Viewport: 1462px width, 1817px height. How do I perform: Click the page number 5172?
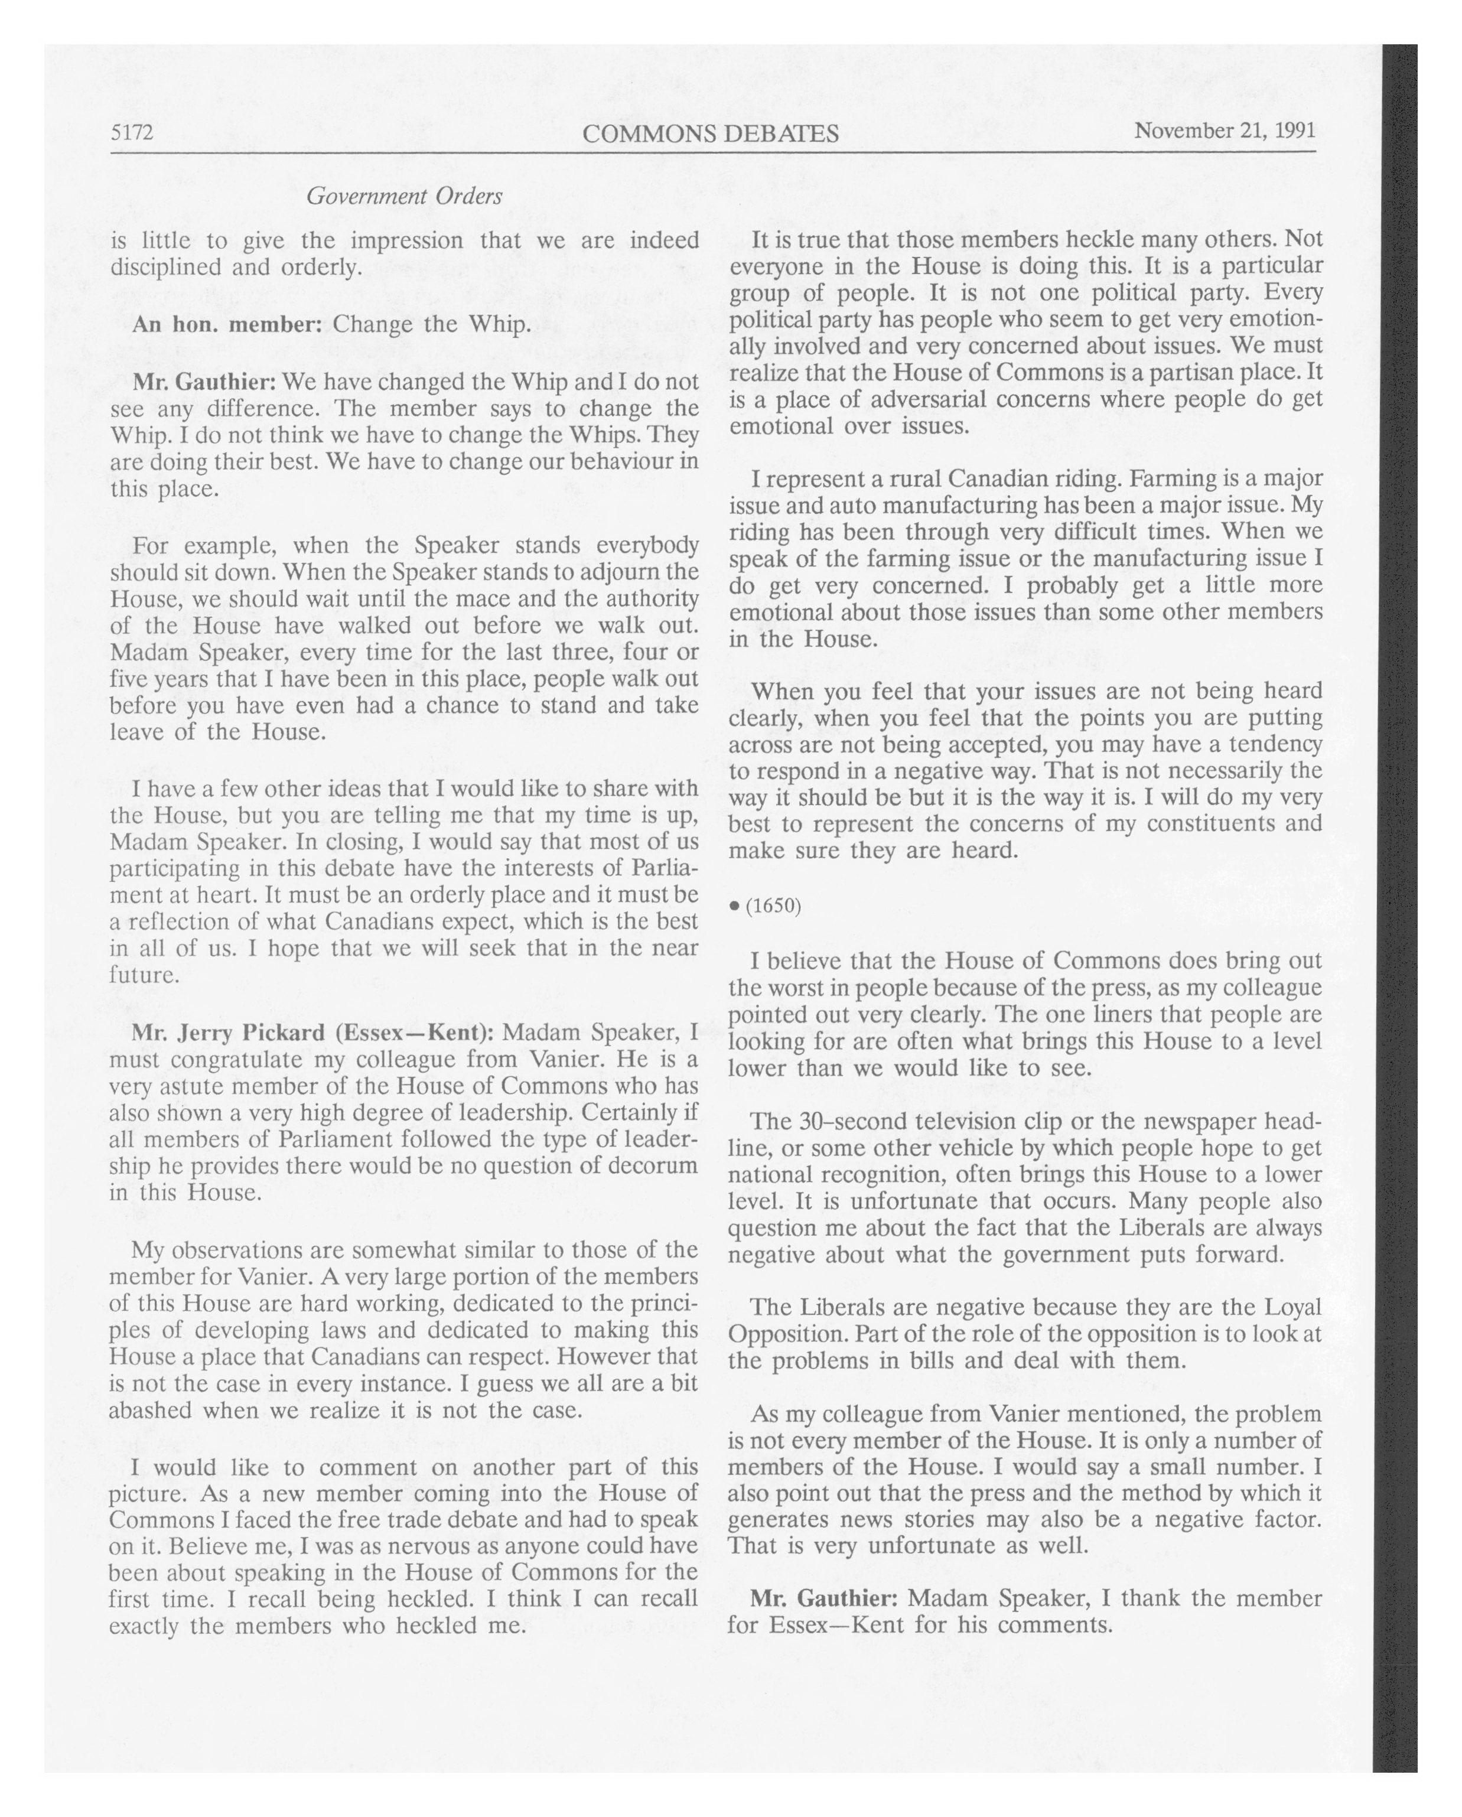(x=132, y=133)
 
